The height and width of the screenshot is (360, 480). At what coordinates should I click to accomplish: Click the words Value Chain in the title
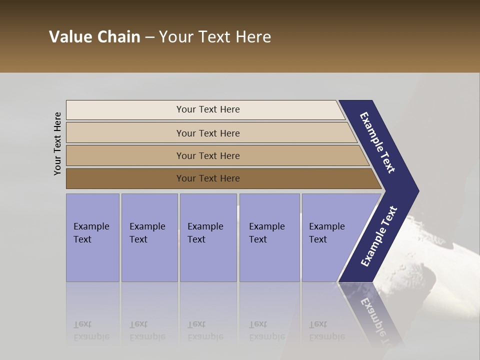click(94, 37)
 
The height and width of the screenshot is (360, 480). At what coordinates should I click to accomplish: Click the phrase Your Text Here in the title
click(215, 37)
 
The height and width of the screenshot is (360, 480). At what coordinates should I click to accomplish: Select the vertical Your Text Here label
click(57, 143)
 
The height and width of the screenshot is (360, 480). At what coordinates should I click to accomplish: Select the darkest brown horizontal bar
click(125, 178)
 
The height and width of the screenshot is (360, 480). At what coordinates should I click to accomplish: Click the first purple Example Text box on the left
click(92, 237)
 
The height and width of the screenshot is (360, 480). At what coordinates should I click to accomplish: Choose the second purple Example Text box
click(149, 237)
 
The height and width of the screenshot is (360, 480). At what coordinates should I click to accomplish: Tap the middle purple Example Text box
click(208, 237)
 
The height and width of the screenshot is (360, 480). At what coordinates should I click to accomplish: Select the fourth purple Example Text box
click(269, 237)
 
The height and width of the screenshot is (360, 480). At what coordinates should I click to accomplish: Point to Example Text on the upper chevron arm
click(377, 142)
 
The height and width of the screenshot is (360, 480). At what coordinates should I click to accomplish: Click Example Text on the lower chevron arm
click(378, 236)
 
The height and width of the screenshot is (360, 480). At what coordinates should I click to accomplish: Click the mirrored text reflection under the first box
click(91, 330)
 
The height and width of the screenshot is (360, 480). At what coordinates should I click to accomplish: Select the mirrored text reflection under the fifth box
click(326, 330)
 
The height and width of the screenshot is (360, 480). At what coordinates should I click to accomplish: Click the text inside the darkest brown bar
click(208, 178)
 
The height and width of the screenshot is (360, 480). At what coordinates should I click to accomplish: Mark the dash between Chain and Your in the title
click(149, 37)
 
